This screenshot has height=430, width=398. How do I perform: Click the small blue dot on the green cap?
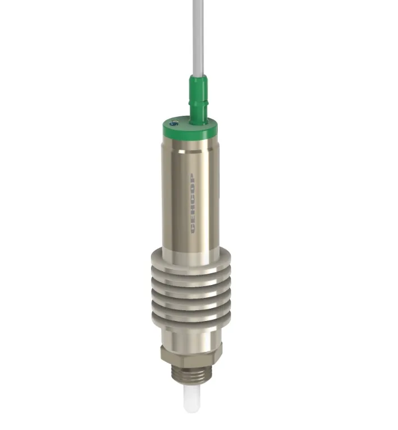pos(172,124)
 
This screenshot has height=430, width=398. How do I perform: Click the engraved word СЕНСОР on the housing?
pos(193,203)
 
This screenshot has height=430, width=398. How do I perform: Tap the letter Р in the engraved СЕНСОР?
pos(193,177)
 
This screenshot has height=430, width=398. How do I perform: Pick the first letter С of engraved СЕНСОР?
pos(193,229)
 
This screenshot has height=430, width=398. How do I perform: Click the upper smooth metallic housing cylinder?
pos(190,197)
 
